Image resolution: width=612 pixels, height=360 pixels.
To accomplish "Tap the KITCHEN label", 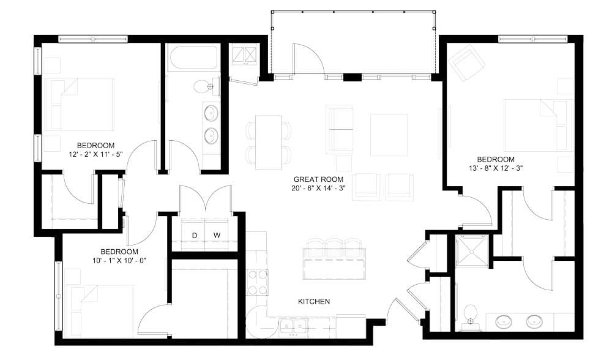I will tap(314, 301).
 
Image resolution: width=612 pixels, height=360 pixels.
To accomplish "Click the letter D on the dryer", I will tap(195, 235).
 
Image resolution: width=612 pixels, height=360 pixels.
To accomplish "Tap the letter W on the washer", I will tap(217, 235).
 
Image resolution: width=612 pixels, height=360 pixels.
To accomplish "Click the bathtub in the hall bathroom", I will tap(193, 59).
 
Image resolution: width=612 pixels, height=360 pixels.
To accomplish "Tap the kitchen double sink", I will tap(294, 326).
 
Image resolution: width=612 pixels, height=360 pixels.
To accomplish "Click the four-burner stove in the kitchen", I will tap(257, 282).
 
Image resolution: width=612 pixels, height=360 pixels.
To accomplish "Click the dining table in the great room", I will tap(267, 142).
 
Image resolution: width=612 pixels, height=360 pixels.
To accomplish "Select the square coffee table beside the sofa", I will tap(389, 135).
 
